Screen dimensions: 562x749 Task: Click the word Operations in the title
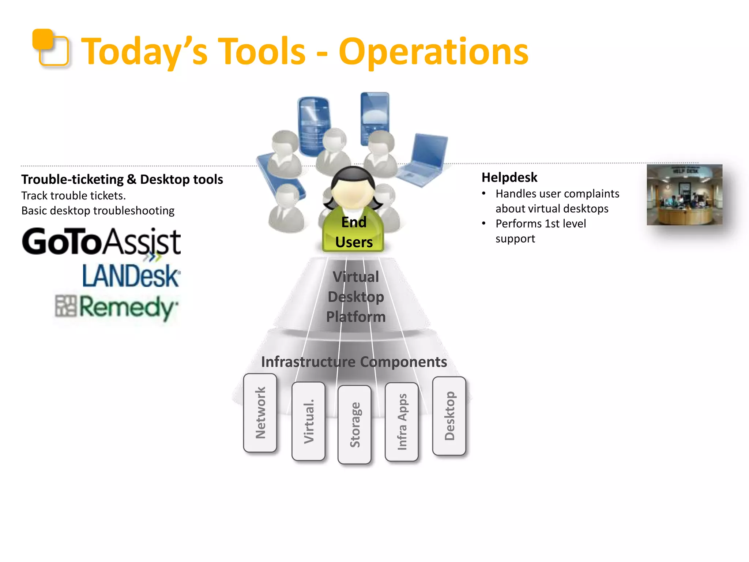pyautogui.click(x=433, y=52)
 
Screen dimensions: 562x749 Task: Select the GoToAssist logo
pyautogui.click(x=101, y=241)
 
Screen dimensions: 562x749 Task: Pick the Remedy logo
pyautogui.click(x=117, y=307)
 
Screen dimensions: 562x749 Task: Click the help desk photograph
pyautogui.click(x=684, y=195)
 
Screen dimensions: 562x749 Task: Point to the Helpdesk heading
pyautogui.click(x=509, y=177)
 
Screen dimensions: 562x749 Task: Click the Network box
pyautogui.click(x=260, y=413)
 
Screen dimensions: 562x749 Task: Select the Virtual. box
pyautogui.click(x=308, y=421)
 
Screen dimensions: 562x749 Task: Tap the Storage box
pyautogui.click(x=354, y=424)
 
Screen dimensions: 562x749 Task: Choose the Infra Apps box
pyautogui.click(x=402, y=421)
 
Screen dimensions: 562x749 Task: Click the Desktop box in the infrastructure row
pyautogui.click(x=449, y=416)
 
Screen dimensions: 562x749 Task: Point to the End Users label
pyautogui.click(x=354, y=232)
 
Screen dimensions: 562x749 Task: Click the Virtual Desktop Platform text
pyautogui.click(x=355, y=297)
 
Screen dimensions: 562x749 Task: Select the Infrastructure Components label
pyautogui.click(x=354, y=362)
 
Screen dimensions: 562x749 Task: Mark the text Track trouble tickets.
pyautogui.click(x=74, y=196)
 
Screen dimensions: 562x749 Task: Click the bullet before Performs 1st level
pyautogui.click(x=484, y=224)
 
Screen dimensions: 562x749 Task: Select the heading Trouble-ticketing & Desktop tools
pyautogui.click(x=122, y=179)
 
